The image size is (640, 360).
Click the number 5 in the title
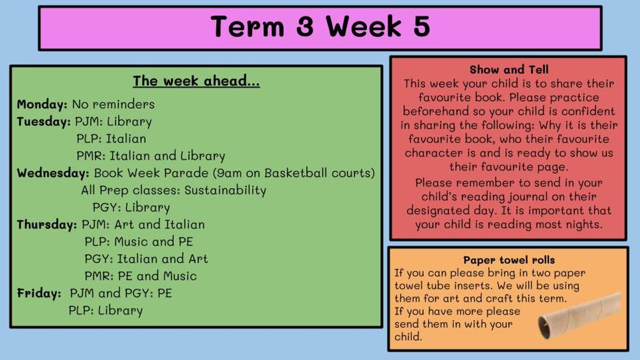click(421, 26)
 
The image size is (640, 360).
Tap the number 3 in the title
click(305, 26)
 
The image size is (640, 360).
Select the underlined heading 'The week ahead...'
click(196, 81)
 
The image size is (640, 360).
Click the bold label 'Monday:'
click(42, 105)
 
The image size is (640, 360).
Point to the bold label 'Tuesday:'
click(44, 122)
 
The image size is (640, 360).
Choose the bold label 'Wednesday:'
click(53, 173)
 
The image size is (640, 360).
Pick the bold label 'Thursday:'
click(47, 225)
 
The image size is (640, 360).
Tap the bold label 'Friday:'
click(39, 293)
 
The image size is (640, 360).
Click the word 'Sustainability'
click(225, 190)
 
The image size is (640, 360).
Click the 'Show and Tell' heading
click(509, 69)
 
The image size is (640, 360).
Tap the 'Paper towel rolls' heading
click(509, 260)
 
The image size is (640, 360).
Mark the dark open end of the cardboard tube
click(545, 329)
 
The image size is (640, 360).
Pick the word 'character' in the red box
click(434, 153)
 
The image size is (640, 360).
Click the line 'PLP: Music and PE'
click(139, 242)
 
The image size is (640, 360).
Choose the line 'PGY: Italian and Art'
click(146, 259)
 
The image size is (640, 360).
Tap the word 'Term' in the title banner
click(247, 26)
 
